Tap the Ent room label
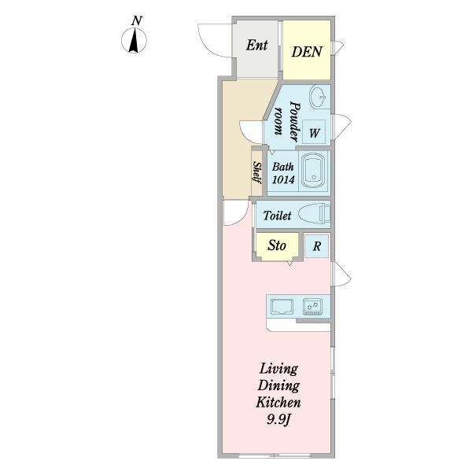pos(256,45)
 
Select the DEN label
pos(306,53)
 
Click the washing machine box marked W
pos(313,133)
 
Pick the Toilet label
pos(278,216)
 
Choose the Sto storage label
pos(276,246)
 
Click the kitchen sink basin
pos(282,305)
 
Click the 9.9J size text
pos(278,419)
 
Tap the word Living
pos(278,368)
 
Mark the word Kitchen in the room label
pos(278,402)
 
